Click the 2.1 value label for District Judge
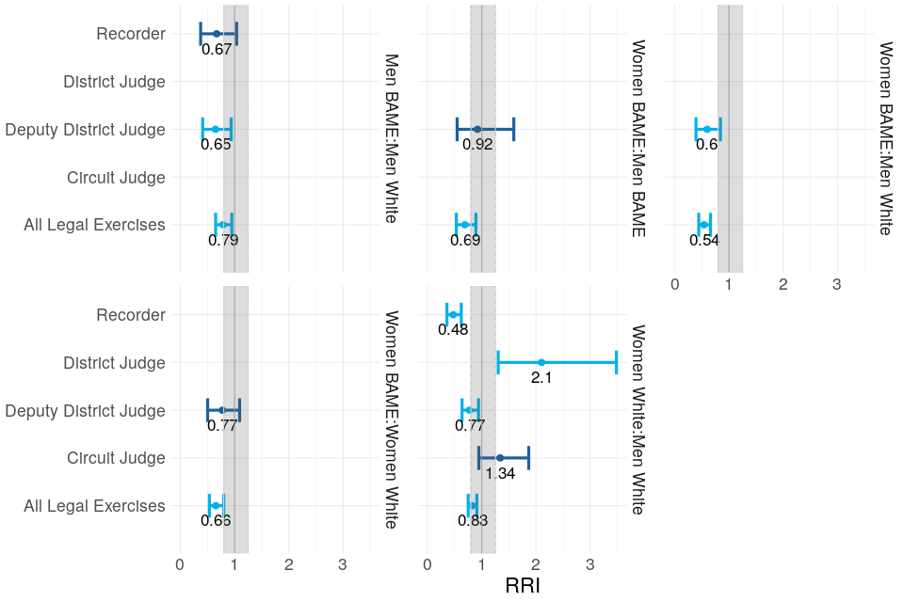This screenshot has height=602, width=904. coord(541,378)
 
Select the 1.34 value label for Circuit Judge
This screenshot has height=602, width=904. coord(500,474)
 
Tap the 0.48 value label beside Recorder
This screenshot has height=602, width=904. coord(453,330)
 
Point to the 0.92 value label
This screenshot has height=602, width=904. coord(477,145)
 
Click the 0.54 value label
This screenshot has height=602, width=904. coord(704,240)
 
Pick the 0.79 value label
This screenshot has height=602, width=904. coord(223,240)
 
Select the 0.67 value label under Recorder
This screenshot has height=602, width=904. coord(217,50)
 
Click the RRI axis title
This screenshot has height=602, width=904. coord(523,586)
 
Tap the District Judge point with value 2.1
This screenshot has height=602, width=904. coord(541,362)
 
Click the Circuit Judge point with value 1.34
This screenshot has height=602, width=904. coord(500,458)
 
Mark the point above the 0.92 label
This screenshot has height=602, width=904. coord(477,129)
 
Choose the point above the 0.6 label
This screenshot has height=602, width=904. coord(707,129)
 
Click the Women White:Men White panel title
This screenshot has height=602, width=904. coord(637,420)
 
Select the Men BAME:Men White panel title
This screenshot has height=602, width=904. coord(390,137)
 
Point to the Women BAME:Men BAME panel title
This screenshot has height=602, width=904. coord(637,137)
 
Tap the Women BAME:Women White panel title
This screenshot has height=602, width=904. coord(390,420)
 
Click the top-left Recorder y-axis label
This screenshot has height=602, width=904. coord(131,34)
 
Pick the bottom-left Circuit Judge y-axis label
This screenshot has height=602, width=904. coord(117,458)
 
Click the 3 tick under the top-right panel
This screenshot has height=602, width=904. coord(836,284)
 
